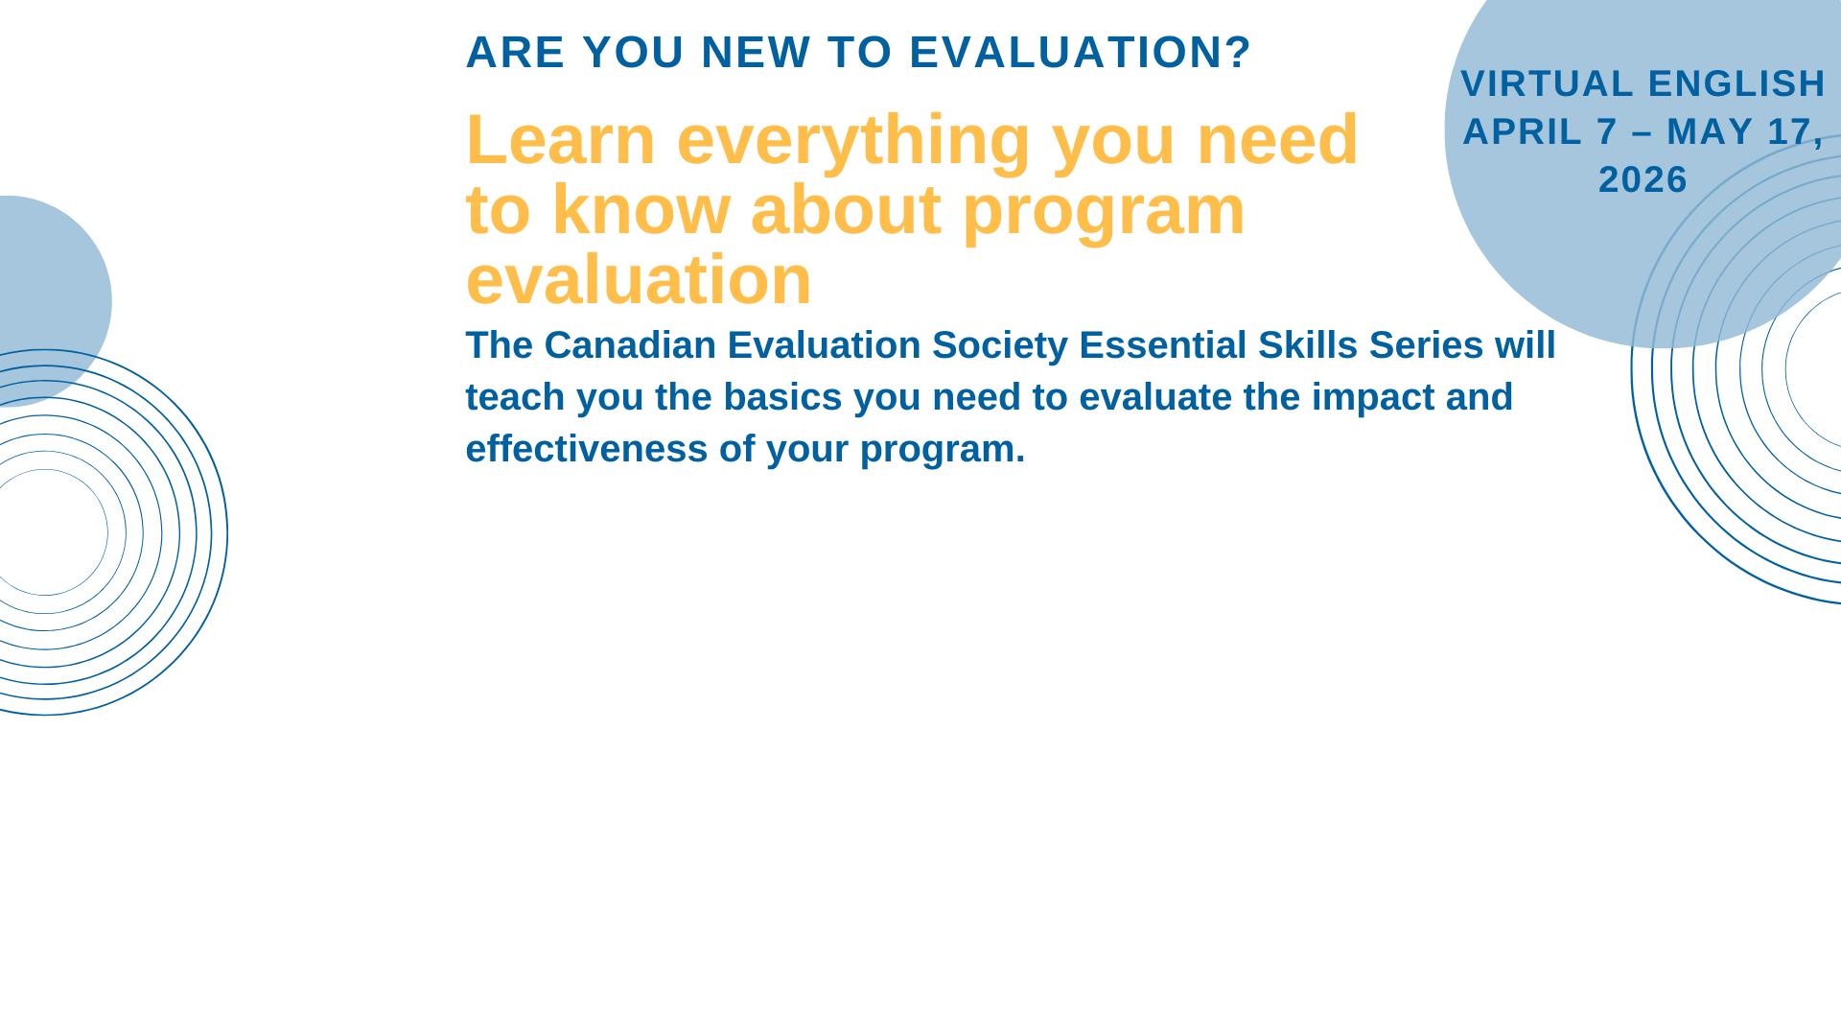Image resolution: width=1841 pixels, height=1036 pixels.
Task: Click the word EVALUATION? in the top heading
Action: coord(1081,52)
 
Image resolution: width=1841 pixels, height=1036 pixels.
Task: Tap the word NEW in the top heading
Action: coord(757,52)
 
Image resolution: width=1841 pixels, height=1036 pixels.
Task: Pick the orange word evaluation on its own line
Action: coord(639,279)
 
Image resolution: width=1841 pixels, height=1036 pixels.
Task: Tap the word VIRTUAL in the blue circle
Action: coord(1547,83)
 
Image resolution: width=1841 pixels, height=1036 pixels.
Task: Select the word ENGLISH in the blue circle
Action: coord(1736,83)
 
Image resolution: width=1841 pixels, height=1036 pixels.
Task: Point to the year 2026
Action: coord(1643,179)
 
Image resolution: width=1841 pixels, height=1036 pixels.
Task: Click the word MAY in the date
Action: coord(1711,131)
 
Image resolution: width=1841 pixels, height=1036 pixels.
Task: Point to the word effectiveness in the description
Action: coord(587,449)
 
